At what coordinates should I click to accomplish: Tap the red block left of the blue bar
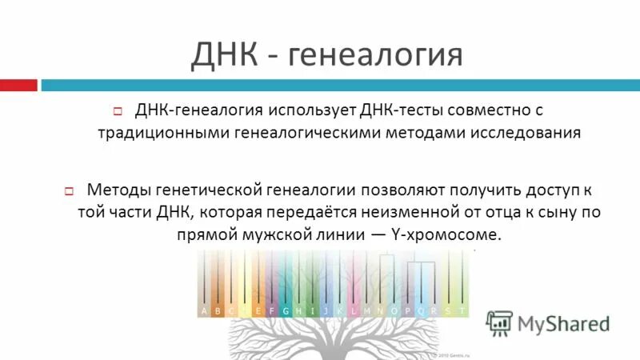coord(18,85)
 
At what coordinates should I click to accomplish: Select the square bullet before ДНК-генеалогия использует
coord(117,110)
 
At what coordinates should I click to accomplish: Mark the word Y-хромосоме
coord(448,236)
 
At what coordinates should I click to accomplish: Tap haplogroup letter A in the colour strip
coord(205,310)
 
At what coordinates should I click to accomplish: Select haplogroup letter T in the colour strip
coord(462,310)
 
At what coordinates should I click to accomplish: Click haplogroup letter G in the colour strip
coord(285,310)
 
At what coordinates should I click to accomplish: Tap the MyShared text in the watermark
coord(564,323)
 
